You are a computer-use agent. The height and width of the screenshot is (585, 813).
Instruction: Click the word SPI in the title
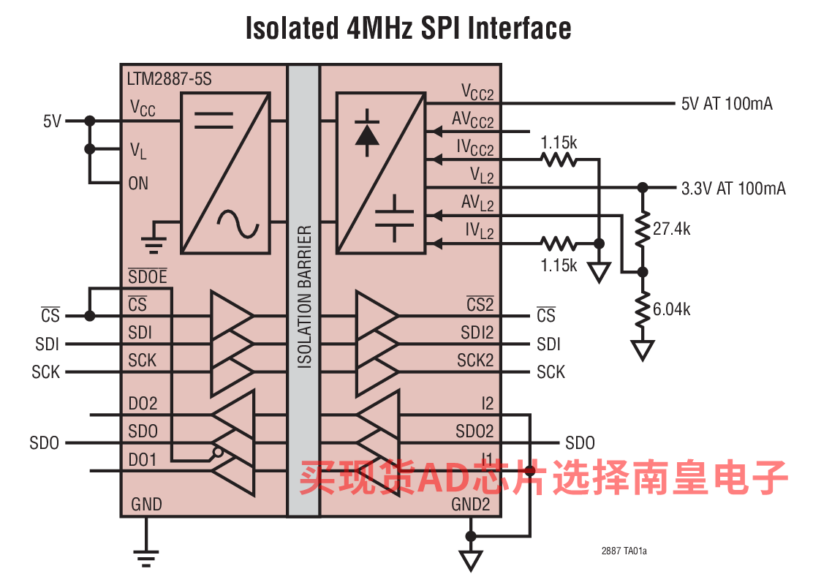click(x=439, y=28)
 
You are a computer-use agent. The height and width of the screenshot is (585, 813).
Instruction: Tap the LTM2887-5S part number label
click(x=169, y=79)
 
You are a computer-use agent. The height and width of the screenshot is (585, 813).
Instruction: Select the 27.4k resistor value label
click(x=671, y=229)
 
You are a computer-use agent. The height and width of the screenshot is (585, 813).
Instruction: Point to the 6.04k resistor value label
click(x=671, y=309)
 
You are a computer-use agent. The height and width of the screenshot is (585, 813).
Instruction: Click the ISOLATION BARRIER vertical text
click(x=304, y=297)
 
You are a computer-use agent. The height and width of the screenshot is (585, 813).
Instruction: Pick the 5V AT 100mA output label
click(x=727, y=104)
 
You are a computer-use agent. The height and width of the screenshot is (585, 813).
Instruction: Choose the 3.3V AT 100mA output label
click(x=733, y=188)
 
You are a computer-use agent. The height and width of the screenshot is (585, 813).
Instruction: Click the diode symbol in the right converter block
click(x=367, y=133)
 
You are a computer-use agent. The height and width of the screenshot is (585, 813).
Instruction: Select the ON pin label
click(x=138, y=183)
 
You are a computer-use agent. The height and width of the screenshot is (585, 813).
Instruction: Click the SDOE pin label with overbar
click(x=148, y=276)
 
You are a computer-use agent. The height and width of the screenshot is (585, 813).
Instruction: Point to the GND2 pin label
click(x=470, y=504)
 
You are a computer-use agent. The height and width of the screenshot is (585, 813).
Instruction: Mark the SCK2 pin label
click(x=475, y=360)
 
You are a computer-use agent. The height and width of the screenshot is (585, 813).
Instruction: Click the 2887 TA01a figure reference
click(x=624, y=551)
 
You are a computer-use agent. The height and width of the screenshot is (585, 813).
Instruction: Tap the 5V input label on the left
click(x=52, y=121)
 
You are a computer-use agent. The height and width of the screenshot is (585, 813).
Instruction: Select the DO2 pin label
click(x=143, y=404)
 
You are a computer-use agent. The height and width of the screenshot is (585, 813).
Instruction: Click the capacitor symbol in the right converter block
click(x=395, y=219)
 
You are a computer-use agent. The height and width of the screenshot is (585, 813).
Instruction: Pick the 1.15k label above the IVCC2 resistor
click(x=559, y=143)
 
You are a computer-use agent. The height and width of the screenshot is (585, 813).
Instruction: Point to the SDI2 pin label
click(x=477, y=332)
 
